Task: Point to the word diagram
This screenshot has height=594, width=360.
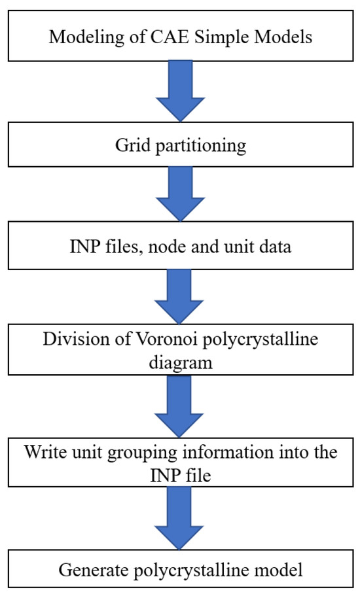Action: (x=179, y=362)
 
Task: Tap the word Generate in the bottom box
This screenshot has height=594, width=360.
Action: (x=87, y=570)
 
